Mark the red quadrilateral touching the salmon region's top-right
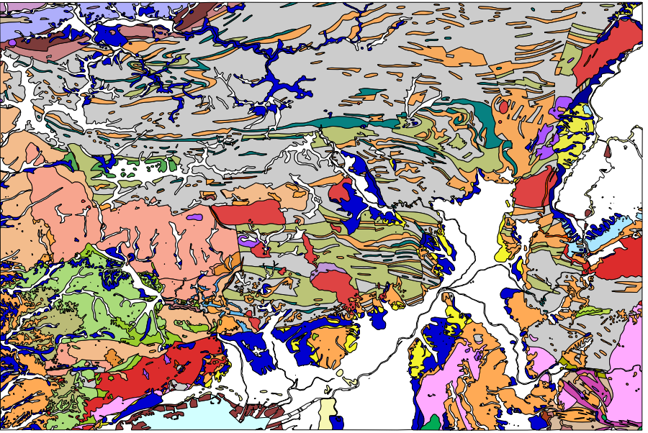248,212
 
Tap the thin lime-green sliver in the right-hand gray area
594,311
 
